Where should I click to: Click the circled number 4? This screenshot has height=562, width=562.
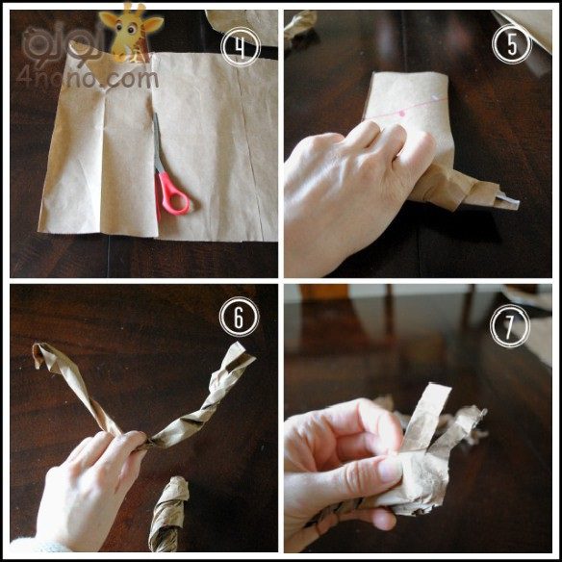tap(241, 47)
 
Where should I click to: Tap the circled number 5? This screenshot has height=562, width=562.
tap(512, 44)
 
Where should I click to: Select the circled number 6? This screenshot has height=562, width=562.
tap(239, 317)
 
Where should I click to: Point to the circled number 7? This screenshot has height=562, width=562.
tap(510, 326)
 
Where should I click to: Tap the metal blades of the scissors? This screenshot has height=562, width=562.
tap(157, 142)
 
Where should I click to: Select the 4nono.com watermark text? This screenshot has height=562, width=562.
tap(88, 79)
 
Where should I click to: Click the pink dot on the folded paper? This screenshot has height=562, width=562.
tap(402, 114)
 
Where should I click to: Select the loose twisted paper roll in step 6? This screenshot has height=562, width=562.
tap(167, 514)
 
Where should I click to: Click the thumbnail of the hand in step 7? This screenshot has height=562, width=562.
tap(390, 469)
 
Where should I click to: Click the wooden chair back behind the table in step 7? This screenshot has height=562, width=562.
tap(324, 293)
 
